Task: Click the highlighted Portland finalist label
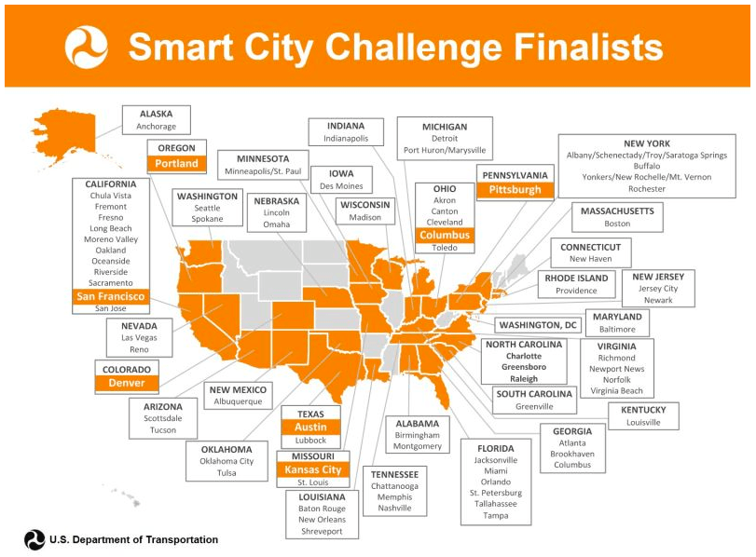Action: [x=176, y=163]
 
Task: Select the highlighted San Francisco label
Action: [x=110, y=296]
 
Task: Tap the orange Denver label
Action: [x=127, y=383]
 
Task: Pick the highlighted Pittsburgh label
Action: [x=515, y=190]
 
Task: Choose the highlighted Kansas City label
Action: [x=313, y=469]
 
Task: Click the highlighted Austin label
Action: [x=310, y=427]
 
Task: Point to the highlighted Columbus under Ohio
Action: [x=445, y=235]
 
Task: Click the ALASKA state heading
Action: [x=157, y=115]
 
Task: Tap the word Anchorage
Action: [x=157, y=127]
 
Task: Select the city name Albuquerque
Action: [x=239, y=401]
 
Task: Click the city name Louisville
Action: [x=643, y=423]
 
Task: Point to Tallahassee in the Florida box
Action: [x=496, y=504]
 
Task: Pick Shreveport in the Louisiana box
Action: [x=322, y=532]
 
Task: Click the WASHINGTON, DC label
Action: [x=538, y=325]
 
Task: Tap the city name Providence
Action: [x=576, y=291]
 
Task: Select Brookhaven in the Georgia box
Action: [x=572, y=454]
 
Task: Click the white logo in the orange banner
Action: [x=87, y=47]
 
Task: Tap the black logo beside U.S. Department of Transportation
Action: [x=34, y=539]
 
